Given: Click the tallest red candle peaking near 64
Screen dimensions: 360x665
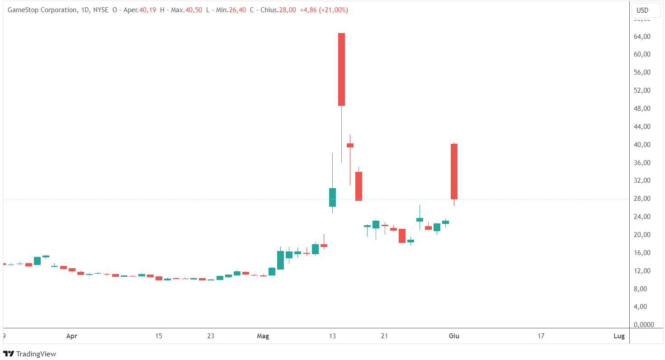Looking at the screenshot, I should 341,69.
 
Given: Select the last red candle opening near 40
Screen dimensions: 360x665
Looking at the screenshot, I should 454,171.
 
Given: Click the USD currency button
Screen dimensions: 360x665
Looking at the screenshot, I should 642,10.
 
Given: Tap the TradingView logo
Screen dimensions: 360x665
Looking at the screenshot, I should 29,354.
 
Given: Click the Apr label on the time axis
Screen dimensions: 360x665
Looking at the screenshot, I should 71,336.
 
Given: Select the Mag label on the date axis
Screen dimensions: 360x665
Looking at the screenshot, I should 263,336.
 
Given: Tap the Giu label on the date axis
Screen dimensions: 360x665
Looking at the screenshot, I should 454,336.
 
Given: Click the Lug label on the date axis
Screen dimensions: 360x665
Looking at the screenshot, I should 619,336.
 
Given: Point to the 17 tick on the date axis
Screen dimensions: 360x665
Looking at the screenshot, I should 541,336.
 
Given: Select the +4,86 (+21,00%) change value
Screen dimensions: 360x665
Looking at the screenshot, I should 324,10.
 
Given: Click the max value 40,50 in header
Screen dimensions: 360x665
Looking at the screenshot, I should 193,10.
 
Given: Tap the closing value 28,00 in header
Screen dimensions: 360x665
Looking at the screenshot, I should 287,10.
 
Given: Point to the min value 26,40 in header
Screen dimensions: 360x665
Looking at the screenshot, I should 237,10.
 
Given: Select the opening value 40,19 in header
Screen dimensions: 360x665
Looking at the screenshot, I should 147,10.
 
